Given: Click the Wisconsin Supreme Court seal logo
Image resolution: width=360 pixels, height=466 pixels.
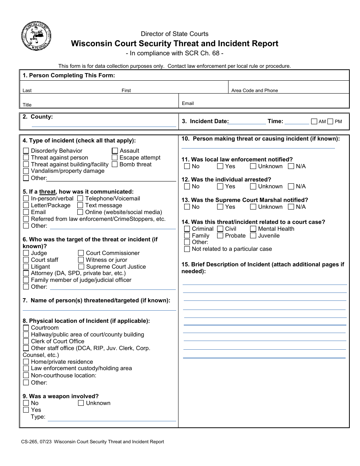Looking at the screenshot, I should [x=36, y=37].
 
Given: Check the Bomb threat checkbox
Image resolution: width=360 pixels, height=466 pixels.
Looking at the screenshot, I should [x=115, y=164].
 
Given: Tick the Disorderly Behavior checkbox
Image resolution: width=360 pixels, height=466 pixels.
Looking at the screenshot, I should [x=26, y=151].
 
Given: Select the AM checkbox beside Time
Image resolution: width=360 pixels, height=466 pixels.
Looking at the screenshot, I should [x=314, y=122].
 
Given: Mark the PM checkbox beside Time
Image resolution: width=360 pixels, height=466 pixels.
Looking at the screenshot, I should [x=330, y=122].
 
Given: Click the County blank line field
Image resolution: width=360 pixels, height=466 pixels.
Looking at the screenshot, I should [x=103, y=124].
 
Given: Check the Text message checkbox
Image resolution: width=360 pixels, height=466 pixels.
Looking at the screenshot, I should [x=80, y=205].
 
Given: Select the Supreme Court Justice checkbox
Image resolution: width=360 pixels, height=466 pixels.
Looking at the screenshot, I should [x=81, y=267].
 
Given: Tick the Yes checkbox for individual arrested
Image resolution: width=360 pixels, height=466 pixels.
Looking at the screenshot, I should [x=220, y=186].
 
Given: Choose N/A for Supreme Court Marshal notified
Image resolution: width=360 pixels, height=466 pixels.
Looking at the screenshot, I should [x=291, y=207].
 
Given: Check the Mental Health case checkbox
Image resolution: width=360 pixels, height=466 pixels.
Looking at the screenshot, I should [x=253, y=229].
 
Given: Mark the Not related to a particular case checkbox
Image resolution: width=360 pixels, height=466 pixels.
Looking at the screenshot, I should [x=187, y=249].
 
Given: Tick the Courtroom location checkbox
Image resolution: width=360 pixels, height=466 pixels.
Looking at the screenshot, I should [x=26, y=328].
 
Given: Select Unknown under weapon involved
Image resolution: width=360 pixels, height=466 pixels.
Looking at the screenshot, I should [x=81, y=403].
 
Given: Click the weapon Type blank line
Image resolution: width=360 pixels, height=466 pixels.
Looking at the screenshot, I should [x=112, y=418].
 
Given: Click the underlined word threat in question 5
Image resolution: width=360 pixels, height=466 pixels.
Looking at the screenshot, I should [x=47, y=192].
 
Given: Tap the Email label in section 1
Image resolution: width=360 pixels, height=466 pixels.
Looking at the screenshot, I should [x=188, y=103].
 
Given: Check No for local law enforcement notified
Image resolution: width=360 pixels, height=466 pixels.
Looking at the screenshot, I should [x=187, y=166].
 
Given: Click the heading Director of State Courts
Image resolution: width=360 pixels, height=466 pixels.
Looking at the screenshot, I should [x=175, y=34].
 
